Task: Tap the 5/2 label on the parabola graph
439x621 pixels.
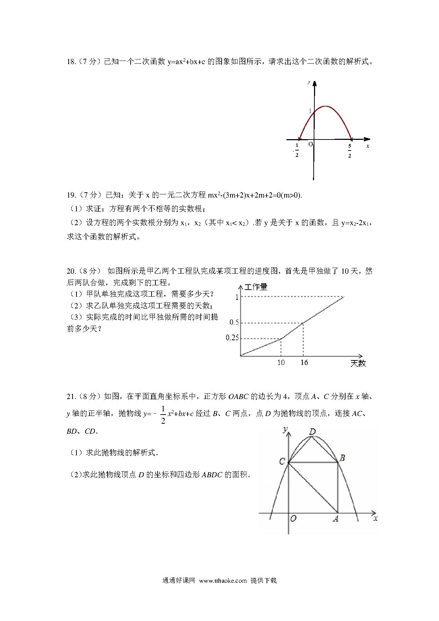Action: tap(350, 150)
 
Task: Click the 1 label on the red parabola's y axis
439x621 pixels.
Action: tap(310, 111)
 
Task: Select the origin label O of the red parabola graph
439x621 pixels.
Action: tap(310, 144)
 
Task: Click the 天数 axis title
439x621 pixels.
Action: tap(358, 363)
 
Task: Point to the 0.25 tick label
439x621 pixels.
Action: tap(232, 338)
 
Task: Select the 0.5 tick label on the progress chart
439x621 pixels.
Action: tap(234, 322)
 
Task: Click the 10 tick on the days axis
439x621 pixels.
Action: tap(281, 363)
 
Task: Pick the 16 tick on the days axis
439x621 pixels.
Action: tap(304, 363)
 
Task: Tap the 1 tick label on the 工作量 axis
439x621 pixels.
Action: tap(237, 297)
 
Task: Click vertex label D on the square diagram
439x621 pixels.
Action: tap(312, 432)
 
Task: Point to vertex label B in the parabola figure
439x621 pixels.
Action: tap(342, 458)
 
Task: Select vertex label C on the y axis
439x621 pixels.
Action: tap(282, 461)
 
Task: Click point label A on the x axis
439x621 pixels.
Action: tap(335, 519)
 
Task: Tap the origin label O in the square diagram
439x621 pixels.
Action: tap(293, 519)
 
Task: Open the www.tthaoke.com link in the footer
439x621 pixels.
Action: tap(223, 581)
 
